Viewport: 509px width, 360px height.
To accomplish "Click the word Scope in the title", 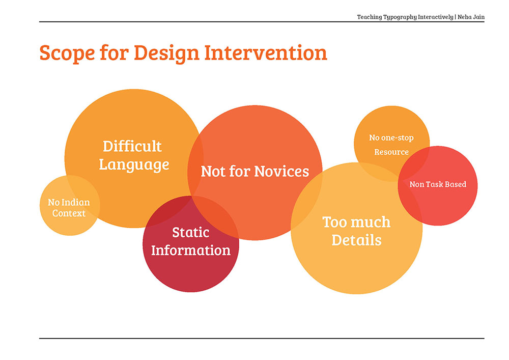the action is (67, 53).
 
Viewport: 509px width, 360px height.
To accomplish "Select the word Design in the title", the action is (166, 53).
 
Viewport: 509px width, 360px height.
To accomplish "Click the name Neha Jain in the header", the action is (471, 17).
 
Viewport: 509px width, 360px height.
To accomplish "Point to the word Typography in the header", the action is (400, 17).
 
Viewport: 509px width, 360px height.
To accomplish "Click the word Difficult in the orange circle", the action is (132, 146).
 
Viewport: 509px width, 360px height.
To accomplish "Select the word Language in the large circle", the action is (134, 164).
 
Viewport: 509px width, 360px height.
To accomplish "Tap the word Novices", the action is (282, 172).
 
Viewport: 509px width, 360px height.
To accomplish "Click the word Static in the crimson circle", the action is (190, 232).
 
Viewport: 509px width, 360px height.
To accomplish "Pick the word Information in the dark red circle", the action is (191, 251).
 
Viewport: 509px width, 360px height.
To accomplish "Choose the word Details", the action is (356, 240).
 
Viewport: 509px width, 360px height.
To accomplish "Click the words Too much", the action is (356, 222).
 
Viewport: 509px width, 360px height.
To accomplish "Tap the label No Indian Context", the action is (69, 208).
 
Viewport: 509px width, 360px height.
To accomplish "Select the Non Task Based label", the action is (438, 184).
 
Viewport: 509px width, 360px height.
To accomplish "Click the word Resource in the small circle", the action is (391, 152).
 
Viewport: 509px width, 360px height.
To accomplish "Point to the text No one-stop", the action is (391, 138).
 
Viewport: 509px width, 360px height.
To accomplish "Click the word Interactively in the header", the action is (435, 17).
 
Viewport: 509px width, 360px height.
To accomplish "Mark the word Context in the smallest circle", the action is (69, 213).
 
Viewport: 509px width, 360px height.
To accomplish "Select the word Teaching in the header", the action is (370, 17).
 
